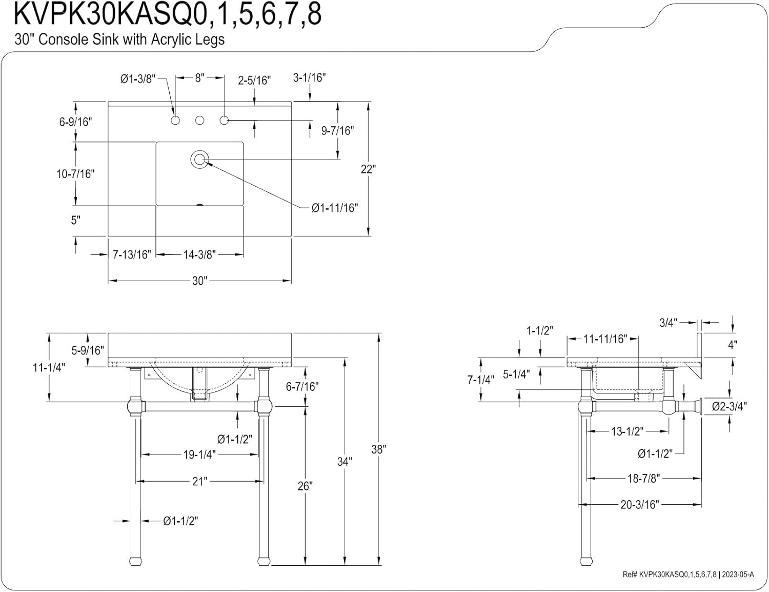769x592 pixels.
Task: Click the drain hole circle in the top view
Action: point(199,159)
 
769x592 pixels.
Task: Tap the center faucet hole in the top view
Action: point(200,121)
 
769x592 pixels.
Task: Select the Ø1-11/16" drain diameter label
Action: point(334,208)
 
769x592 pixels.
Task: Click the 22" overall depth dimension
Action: point(368,169)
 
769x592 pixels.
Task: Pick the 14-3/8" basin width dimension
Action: point(199,254)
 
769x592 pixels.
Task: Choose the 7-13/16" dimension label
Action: point(132,254)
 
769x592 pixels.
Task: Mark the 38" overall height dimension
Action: point(378,449)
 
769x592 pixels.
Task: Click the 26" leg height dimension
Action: point(305,486)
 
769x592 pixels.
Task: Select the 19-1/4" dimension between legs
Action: point(199,455)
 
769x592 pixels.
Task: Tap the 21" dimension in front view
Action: point(199,481)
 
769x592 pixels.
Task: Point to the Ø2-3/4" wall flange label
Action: point(729,407)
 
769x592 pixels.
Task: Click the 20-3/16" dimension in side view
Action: point(639,505)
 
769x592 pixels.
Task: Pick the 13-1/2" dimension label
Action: point(626,431)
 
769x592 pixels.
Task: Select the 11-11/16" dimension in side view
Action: point(605,339)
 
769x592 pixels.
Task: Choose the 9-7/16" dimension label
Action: point(337,131)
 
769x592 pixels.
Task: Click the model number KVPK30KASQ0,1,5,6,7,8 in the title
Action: point(168,14)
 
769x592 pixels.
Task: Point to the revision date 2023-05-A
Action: point(738,575)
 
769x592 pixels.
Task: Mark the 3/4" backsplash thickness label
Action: point(669,322)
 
